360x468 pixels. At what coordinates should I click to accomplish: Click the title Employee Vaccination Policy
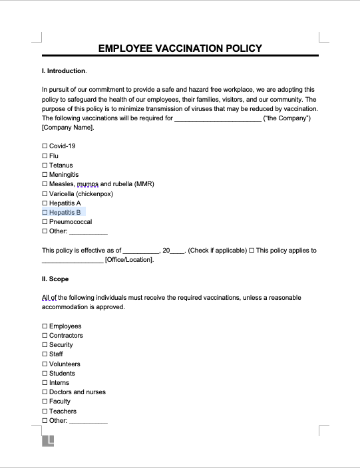[180, 49]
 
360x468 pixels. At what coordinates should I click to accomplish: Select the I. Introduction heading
[64, 70]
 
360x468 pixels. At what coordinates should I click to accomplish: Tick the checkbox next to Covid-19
[45, 146]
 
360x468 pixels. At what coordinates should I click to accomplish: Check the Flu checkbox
[45, 156]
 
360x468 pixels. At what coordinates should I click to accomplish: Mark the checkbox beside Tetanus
[45, 165]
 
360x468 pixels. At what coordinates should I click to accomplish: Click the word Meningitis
[64, 175]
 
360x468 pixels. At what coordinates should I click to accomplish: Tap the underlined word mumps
[87, 184]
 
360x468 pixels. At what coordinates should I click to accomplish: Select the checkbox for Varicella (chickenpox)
[45, 193]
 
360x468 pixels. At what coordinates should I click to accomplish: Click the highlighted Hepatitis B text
[65, 213]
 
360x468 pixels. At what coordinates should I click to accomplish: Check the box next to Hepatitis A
[45, 203]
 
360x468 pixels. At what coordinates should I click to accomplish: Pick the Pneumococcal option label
[71, 222]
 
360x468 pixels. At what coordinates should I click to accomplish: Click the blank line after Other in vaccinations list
[88, 232]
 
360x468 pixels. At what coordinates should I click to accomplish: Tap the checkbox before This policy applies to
[252, 251]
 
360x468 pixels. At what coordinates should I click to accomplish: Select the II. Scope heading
[55, 279]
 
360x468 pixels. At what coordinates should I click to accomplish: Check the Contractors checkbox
[45, 336]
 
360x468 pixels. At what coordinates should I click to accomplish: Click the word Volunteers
[65, 364]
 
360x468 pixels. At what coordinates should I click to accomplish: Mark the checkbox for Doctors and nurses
[45, 392]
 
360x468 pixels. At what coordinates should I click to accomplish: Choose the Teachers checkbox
[45, 411]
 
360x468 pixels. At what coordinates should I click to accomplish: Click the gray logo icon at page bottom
[49, 440]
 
